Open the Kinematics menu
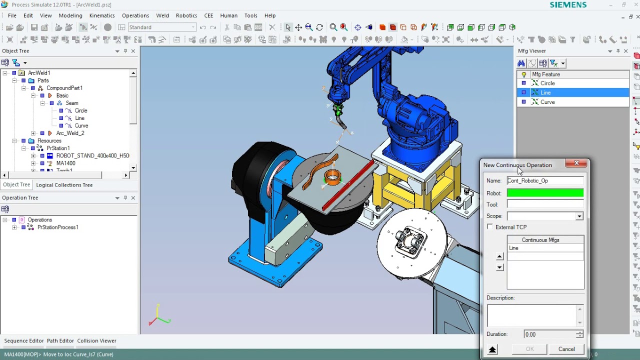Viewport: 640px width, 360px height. (102, 15)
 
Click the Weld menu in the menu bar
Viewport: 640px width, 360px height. (162, 15)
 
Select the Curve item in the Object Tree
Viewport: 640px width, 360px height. (81, 125)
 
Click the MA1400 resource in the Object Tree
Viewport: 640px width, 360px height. (65, 163)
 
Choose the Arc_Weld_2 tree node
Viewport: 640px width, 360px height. (70, 133)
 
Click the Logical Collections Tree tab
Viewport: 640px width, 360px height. (64, 185)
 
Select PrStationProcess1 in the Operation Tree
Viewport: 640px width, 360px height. (57, 227)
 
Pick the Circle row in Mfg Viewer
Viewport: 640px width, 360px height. (547, 83)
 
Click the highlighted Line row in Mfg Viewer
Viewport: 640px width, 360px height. (545, 92)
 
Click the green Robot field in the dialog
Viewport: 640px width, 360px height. (545, 193)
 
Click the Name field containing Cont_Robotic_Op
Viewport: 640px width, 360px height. (545, 180)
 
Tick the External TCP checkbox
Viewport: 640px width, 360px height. (490, 227)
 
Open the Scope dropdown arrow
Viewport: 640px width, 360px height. (579, 216)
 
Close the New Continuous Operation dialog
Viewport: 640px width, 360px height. (576, 163)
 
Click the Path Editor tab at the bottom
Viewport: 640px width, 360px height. (60, 340)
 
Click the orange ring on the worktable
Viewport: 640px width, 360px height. (332, 177)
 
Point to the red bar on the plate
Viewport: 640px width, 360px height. (347, 185)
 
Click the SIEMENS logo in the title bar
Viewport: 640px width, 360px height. (568, 4)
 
